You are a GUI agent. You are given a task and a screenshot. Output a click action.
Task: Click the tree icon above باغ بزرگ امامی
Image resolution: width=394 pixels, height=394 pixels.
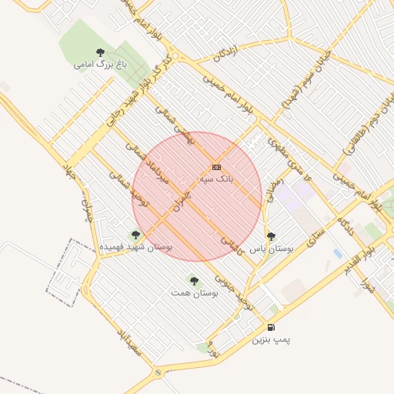(99, 52)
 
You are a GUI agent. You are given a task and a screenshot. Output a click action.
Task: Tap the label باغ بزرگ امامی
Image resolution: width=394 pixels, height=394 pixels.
(99, 65)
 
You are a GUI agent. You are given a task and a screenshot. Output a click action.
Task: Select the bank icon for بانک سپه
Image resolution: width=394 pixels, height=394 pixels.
(216, 167)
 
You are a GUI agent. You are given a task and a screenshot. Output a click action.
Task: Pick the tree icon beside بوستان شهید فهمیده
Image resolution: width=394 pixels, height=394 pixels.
(136, 235)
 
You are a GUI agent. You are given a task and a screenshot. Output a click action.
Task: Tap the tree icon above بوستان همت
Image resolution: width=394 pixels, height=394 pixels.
(193, 280)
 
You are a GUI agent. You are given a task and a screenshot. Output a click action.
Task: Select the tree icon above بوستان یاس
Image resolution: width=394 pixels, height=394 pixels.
(270, 237)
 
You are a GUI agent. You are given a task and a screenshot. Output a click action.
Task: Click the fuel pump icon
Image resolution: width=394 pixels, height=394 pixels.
(271, 327)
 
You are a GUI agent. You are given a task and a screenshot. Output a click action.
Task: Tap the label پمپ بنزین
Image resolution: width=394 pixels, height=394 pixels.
(272, 339)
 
